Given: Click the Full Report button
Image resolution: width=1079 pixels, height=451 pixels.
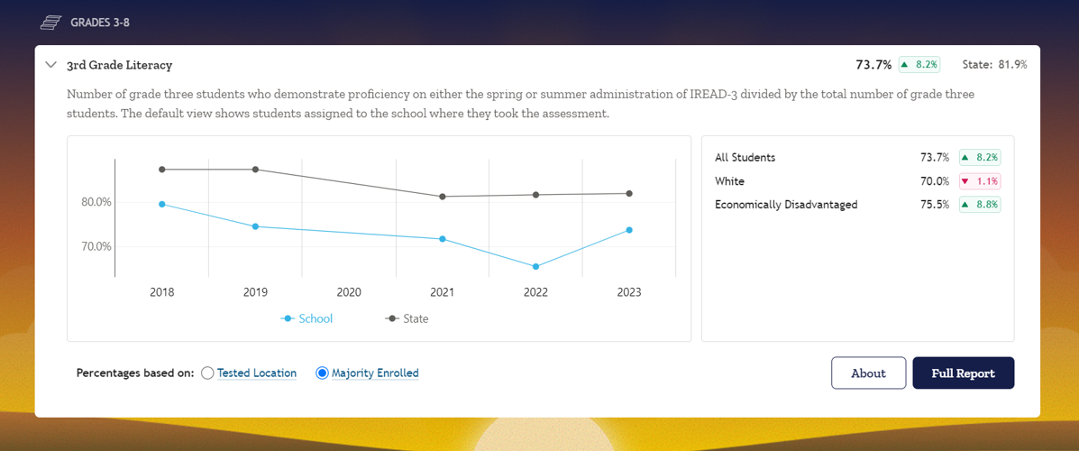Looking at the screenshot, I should click(x=963, y=373).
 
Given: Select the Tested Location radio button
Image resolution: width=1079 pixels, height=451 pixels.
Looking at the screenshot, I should click(x=208, y=373).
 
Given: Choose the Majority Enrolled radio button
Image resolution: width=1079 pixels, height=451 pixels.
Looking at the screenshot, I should click(x=322, y=373).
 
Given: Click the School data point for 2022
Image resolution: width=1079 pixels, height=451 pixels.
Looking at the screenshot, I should click(x=535, y=267).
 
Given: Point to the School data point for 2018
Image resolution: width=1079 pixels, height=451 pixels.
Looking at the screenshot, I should click(x=162, y=205).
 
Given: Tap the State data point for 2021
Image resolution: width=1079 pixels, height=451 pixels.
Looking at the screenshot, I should click(x=443, y=197).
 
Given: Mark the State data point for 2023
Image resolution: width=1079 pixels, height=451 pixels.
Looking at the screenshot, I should click(x=629, y=194).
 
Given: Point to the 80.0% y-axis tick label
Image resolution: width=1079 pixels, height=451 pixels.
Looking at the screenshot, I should click(x=96, y=202).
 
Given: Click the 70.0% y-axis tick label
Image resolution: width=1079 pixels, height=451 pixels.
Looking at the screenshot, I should click(x=96, y=246).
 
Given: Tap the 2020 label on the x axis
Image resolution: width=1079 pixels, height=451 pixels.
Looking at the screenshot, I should click(x=349, y=292).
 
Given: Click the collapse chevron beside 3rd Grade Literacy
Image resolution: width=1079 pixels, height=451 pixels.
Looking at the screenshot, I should click(x=51, y=65).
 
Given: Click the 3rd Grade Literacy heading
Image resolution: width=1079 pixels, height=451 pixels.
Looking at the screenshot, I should click(x=119, y=65).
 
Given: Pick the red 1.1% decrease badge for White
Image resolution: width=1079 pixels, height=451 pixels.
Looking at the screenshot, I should click(x=980, y=181).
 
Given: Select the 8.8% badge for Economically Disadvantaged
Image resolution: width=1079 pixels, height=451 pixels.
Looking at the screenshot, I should click(x=980, y=205).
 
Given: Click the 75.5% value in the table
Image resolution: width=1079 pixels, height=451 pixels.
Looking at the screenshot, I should click(x=934, y=205).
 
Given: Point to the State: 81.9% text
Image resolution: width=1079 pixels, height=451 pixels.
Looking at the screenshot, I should click(x=994, y=65).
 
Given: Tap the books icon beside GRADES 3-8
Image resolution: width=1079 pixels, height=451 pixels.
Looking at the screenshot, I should click(x=51, y=22).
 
